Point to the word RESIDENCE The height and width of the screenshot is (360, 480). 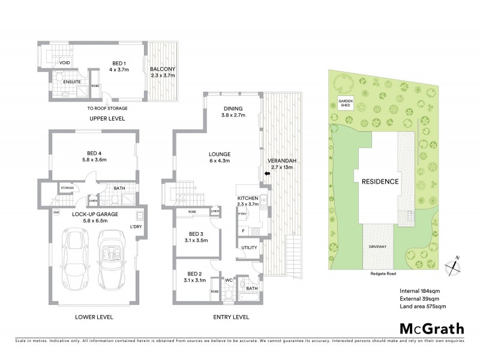pos(380,181)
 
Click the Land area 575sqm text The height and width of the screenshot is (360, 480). pos(422,307)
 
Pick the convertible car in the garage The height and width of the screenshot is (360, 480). pos(112,259)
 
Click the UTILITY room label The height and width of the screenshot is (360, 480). pos(248,247)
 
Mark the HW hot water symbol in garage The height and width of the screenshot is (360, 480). pos(56,212)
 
